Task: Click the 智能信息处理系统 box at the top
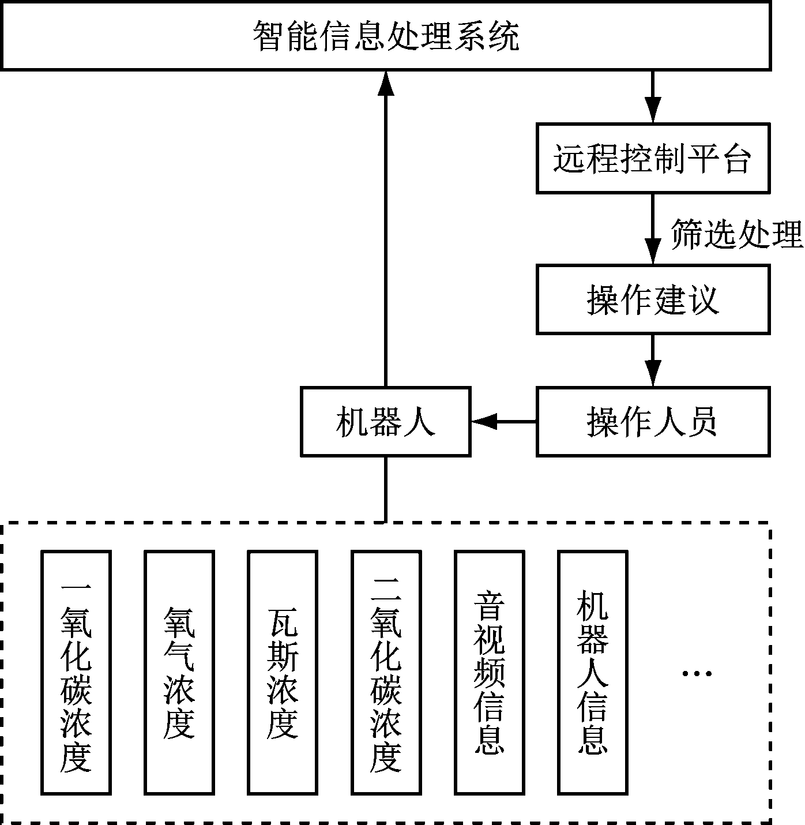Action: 385,36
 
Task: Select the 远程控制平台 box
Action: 653,158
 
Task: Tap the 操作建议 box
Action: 653,299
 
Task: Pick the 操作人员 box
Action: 653,422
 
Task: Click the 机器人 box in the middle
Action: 385,422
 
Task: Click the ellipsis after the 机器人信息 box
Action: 697,673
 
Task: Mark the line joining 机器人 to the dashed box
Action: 385,489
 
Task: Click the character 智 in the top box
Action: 269,36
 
